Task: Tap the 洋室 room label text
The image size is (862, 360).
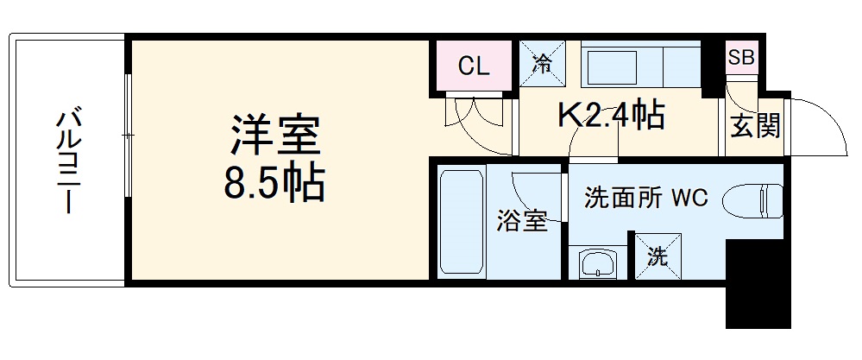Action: coord(274,136)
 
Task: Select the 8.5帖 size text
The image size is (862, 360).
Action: coord(274,183)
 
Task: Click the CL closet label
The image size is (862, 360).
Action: coord(474,66)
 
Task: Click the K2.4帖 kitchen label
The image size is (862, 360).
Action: coord(613,115)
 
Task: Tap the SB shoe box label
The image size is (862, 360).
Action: coord(740,59)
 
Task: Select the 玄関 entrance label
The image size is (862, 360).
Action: coord(755,126)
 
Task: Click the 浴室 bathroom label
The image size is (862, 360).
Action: coord(520,222)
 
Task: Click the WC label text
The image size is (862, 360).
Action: coord(690,198)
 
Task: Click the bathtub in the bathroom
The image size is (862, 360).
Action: coord(461,222)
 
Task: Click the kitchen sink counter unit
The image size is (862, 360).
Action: coord(643,66)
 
